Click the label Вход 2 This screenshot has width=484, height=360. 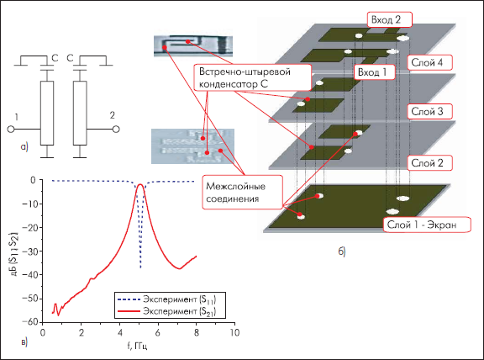390,20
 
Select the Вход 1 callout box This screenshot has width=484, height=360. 375,72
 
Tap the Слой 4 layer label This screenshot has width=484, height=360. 429,63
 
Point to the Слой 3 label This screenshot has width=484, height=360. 429,112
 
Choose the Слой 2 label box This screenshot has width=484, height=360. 429,163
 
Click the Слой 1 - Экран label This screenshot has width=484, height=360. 427,225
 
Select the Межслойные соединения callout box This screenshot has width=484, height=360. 243,193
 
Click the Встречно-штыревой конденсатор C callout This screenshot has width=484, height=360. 252,77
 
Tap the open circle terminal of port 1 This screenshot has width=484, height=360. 11,130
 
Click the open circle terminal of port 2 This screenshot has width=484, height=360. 116,130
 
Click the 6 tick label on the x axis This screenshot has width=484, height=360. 158,332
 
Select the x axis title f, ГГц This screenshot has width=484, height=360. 137,346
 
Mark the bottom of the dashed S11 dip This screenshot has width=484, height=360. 141,267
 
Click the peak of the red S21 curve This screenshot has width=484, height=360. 140,184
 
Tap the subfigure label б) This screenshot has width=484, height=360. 342,251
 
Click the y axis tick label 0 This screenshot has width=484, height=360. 33,180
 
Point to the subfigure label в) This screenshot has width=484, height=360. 24,342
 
